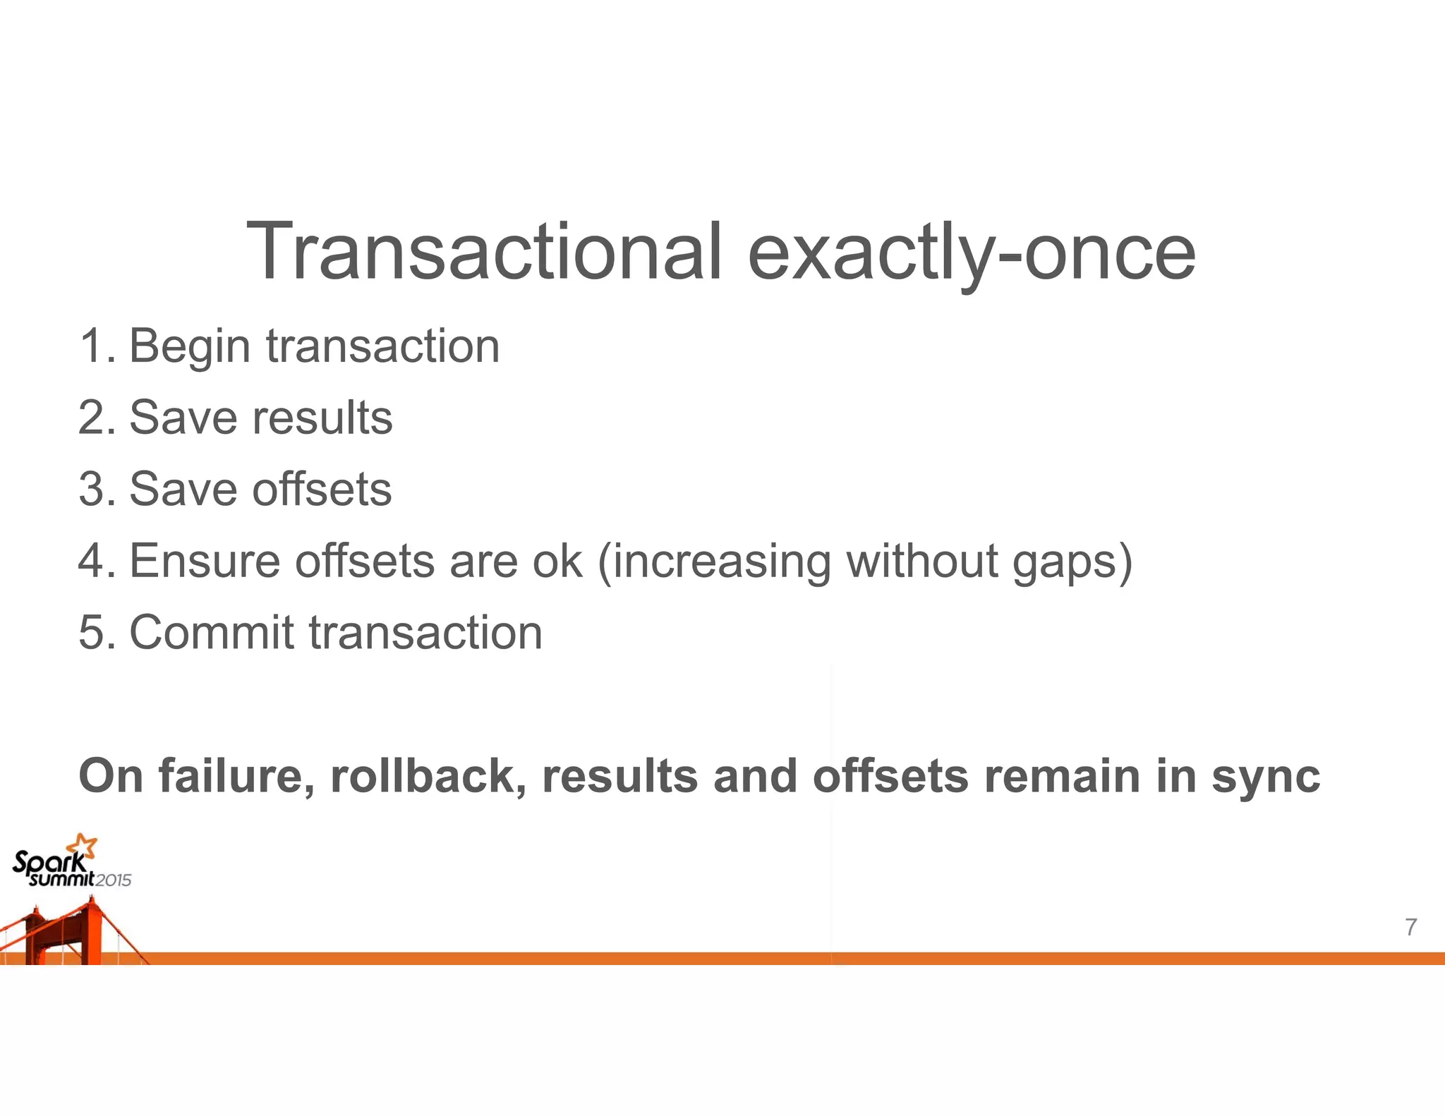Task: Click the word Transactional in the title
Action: click(484, 252)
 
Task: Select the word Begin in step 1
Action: click(190, 348)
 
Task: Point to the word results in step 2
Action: click(322, 418)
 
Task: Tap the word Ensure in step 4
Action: click(205, 561)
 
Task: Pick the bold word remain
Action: click(1062, 776)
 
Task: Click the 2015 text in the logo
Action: click(114, 880)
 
